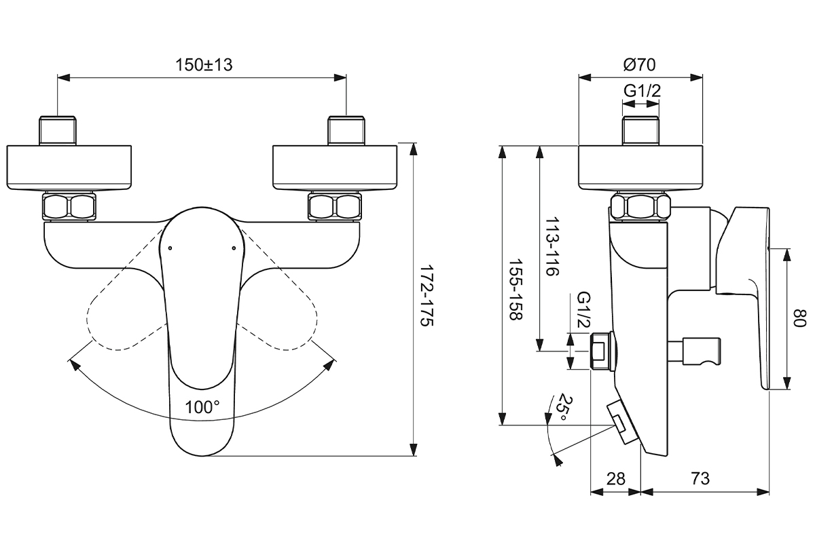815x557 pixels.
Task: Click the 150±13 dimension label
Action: point(204,65)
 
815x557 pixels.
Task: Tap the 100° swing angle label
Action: point(202,407)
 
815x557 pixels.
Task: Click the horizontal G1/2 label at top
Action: point(642,90)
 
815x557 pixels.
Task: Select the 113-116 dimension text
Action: point(551,246)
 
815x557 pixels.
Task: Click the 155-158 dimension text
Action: point(514,290)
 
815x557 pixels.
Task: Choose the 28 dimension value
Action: point(615,479)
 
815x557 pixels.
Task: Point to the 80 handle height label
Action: point(802,318)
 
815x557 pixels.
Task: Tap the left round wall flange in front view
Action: point(70,167)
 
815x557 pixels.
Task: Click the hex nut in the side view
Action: point(641,206)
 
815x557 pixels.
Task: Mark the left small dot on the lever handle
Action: point(169,248)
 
